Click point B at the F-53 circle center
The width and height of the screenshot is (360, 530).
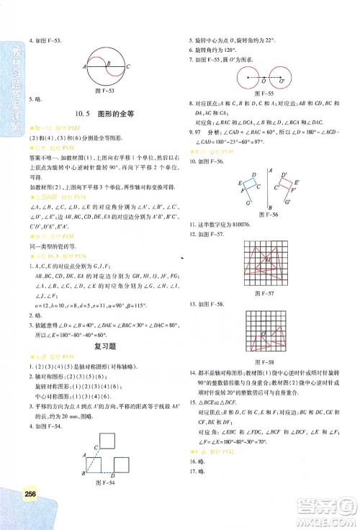[x=106, y=66]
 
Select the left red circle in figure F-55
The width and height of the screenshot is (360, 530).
[x=251, y=76]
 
